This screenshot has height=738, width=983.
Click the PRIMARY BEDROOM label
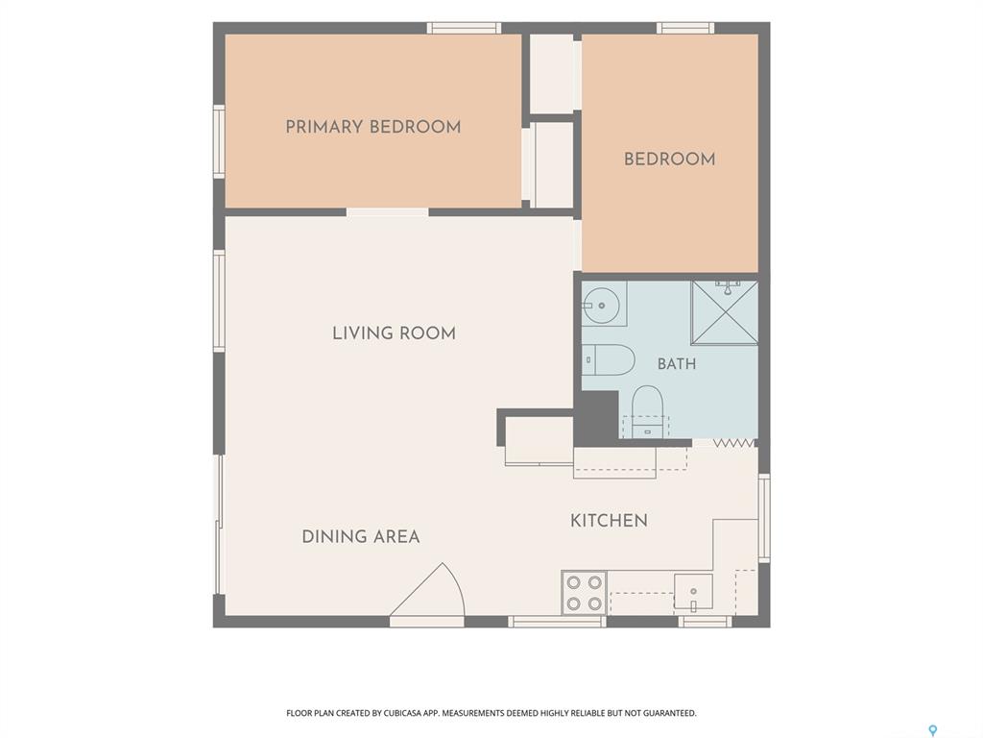tap(373, 127)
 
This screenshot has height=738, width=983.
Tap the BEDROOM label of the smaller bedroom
tap(669, 159)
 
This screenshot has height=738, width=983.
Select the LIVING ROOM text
tap(394, 332)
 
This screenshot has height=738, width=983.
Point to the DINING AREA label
tap(361, 536)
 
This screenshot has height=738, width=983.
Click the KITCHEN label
tap(609, 520)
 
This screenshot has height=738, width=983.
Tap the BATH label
tap(677, 364)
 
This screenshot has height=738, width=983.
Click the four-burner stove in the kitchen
tap(585, 593)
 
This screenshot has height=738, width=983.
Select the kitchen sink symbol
tap(693, 592)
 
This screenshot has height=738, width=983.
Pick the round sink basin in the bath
tap(601, 306)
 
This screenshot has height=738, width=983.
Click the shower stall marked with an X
tap(725, 312)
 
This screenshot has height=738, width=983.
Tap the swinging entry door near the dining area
tap(427, 590)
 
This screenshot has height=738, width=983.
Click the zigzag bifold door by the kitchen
tap(733, 443)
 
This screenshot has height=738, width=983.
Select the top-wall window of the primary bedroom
tap(465, 28)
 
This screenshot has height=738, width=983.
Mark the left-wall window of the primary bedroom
tap(219, 142)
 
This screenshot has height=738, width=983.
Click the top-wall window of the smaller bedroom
tap(685, 28)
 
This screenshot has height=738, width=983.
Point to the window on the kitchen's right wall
tap(764, 518)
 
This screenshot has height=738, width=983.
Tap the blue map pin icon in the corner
tap(933, 730)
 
